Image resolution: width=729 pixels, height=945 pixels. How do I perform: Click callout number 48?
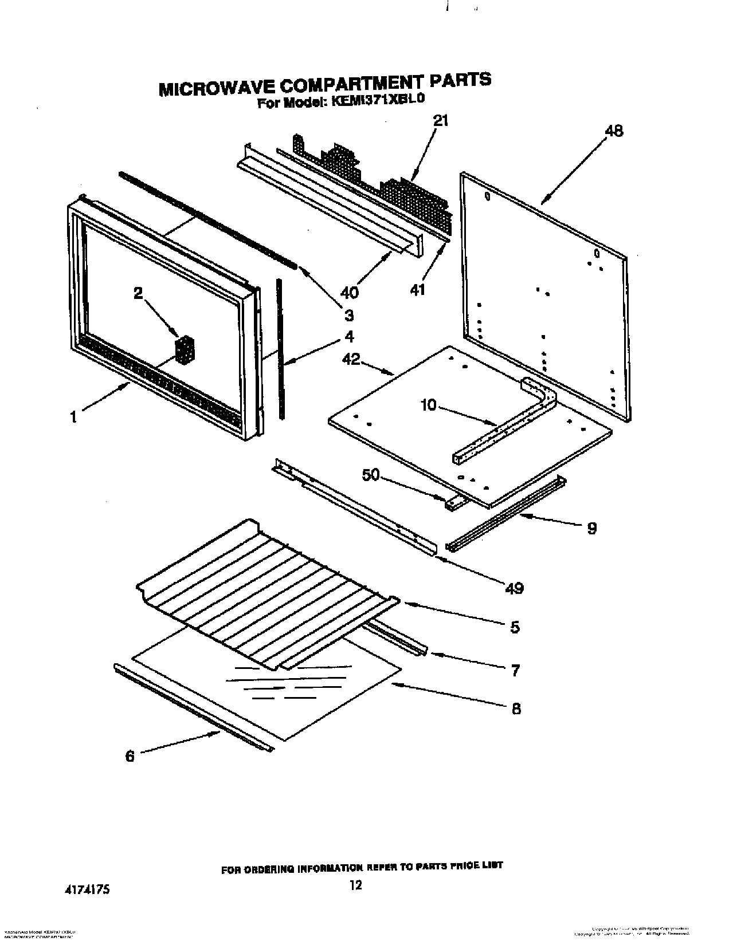[x=614, y=131]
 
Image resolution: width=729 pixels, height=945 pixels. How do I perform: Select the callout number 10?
[x=428, y=405]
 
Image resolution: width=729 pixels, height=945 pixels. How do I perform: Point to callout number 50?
[x=371, y=475]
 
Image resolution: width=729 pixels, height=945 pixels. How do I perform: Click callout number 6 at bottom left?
[x=130, y=756]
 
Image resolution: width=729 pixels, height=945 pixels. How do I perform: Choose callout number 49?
[x=514, y=588]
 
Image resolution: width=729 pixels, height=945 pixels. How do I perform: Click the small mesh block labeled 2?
[x=185, y=349]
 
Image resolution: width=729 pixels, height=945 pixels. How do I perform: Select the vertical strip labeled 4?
[x=280, y=349]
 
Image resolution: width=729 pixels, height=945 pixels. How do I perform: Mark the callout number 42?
[x=350, y=360]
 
